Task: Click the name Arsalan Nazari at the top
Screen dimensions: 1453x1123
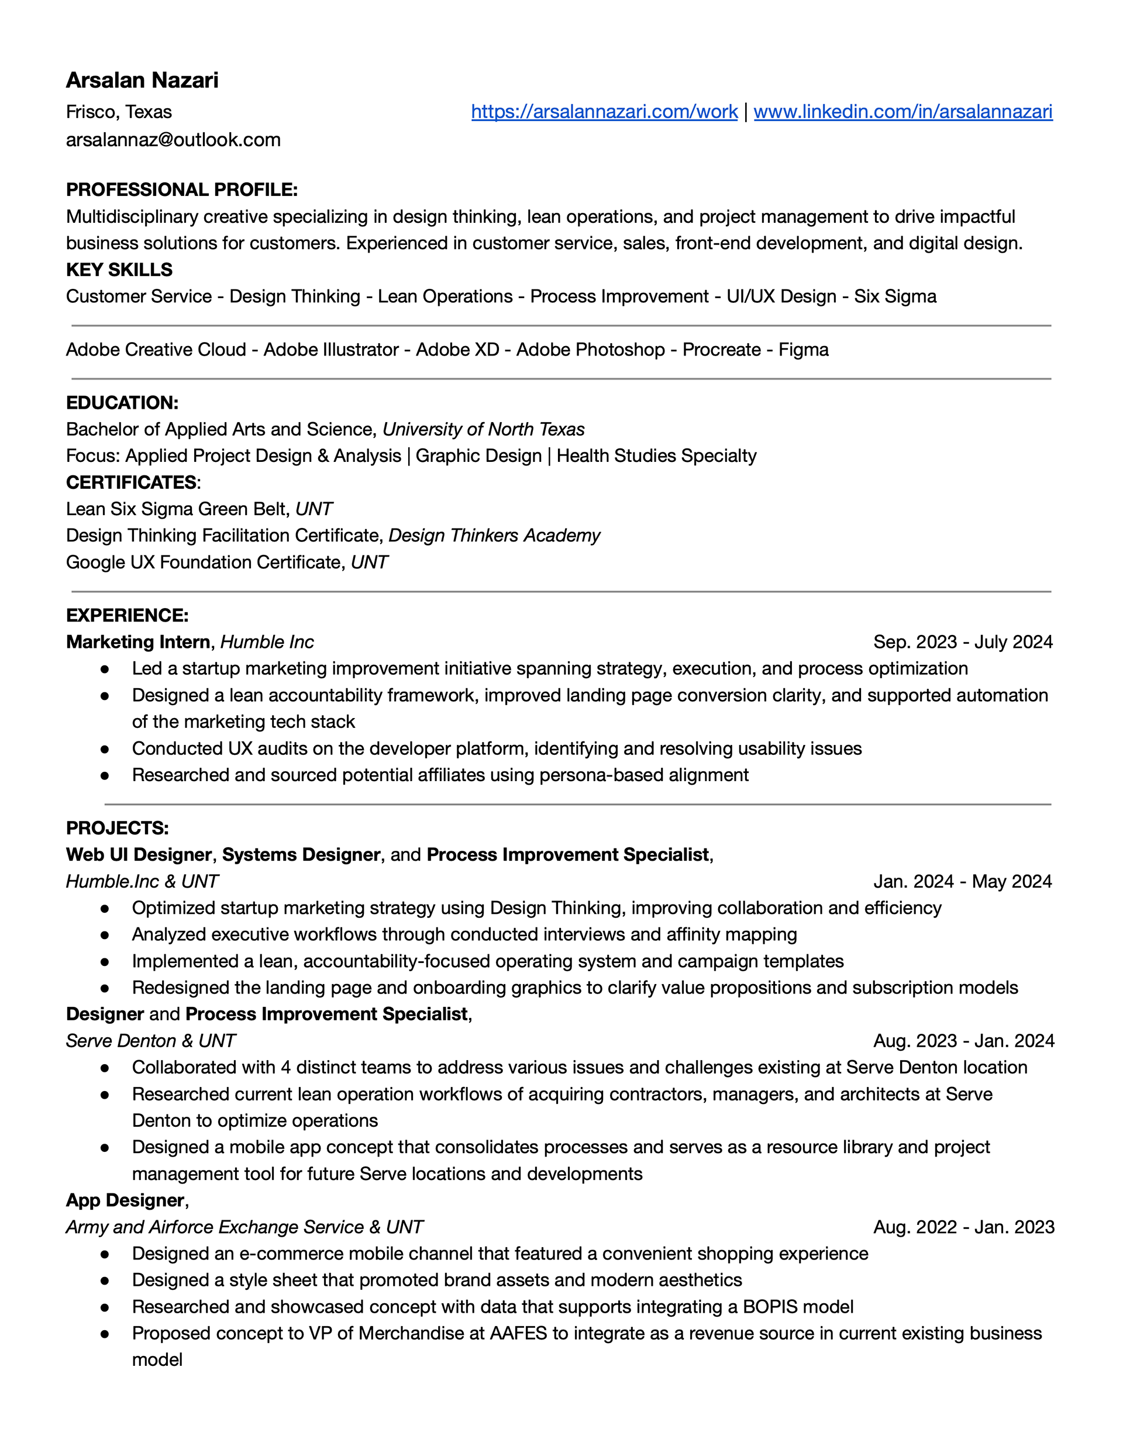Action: click(x=142, y=81)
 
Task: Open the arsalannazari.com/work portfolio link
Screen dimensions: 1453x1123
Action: click(x=604, y=112)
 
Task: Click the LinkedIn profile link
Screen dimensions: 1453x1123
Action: click(x=902, y=112)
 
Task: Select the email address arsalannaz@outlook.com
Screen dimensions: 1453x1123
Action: click(x=173, y=140)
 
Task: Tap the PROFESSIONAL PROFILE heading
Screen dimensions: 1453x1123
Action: click(x=182, y=189)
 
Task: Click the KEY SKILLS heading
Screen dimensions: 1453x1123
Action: click(x=119, y=270)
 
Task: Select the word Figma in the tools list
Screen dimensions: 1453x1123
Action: click(x=804, y=350)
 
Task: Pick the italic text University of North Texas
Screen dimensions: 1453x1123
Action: click(x=483, y=430)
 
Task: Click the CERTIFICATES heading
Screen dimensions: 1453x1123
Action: click(x=131, y=482)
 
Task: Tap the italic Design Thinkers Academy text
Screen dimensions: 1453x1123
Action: click(x=494, y=536)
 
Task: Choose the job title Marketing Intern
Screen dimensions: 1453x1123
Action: click(x=138, y=642)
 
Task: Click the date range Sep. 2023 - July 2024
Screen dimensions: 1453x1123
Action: click(x=963, y=642)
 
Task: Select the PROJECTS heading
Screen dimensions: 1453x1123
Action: click(x=117, y=829)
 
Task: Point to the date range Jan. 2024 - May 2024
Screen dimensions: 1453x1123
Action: click(x=963, y=882)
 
